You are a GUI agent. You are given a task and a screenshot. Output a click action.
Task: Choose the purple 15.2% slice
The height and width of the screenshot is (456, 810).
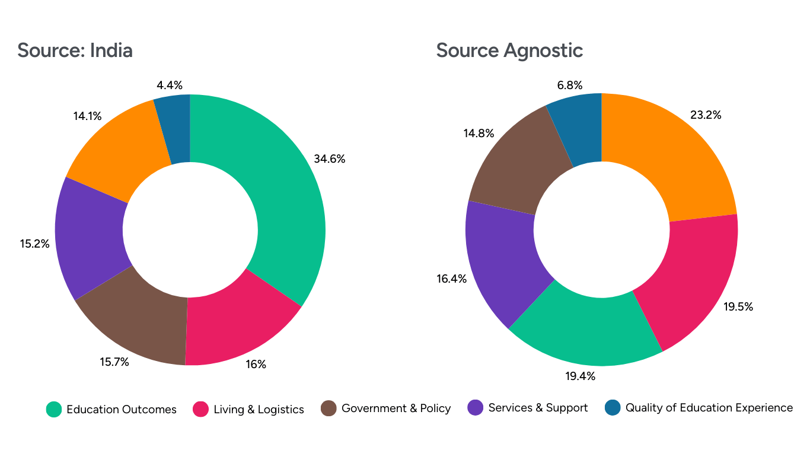click(x=89, y=237)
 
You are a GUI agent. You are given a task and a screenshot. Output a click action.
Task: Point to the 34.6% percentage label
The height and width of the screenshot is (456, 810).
click(x=330, y=159)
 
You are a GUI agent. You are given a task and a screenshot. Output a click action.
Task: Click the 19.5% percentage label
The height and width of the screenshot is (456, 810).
click(x=738, y=307)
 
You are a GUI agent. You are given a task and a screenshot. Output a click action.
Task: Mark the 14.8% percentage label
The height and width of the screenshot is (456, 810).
click(x=479, y=134)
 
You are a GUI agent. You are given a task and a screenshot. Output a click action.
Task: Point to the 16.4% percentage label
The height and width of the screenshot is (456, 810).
click(x=452, y=279)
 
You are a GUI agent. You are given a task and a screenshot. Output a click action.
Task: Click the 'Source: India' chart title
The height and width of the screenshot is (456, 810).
click(x=75, y=50)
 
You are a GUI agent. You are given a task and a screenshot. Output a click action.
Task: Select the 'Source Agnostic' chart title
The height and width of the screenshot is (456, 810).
click(x=509, y=50)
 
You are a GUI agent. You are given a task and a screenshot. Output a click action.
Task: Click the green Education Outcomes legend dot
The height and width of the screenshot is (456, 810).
click(x=54, y=409)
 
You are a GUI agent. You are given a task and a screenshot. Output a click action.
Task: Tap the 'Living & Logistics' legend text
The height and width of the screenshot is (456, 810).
click(x=259, y=409)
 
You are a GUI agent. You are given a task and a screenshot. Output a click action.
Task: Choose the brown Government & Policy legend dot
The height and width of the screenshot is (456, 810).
click(x=329, y=408)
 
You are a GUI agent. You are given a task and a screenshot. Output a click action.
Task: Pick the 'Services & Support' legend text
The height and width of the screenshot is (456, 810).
click(x=538, y=408)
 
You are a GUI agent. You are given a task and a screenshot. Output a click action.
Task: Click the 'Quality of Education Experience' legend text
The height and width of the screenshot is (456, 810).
click(x=709, y=408)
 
